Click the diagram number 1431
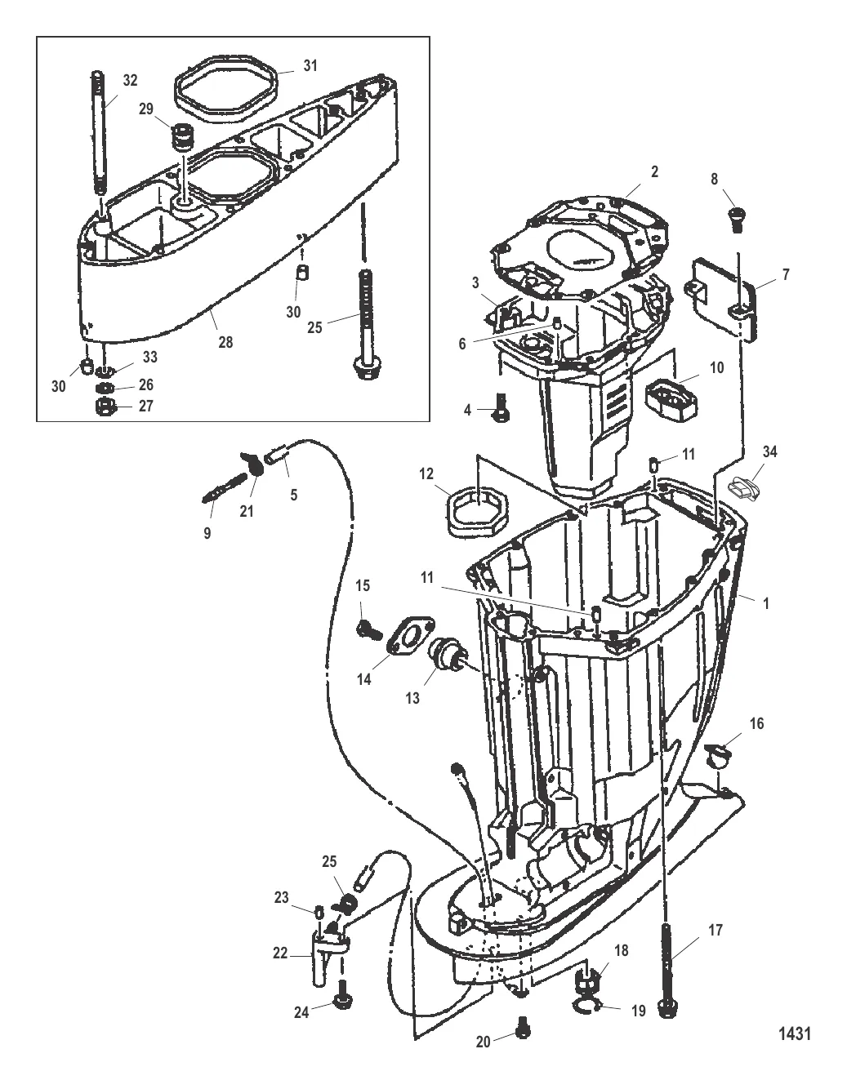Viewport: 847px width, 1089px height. (x=795, y=1033)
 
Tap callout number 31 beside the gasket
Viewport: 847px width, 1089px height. (x=310, y=65)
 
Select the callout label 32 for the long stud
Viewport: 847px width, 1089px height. (x=131, y=80)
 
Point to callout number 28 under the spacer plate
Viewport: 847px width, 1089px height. (x=225, y=342)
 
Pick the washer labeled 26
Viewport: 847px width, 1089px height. (x=105, y=388)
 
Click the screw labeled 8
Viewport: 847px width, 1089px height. (x=735, y=220)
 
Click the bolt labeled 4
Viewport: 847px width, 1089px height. (x=497, y=408)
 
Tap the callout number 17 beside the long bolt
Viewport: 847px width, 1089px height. (x=715, y=931)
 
